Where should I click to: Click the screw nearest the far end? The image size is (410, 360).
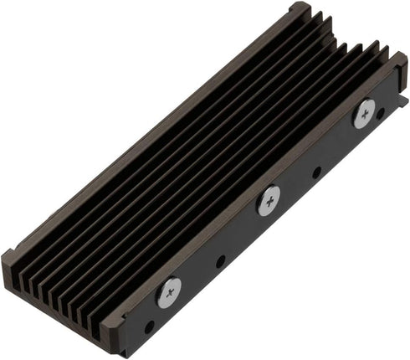[364, 113]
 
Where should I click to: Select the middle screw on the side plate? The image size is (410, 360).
[268, 200]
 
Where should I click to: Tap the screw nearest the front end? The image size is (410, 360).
[169, 291]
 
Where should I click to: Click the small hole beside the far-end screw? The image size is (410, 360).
[381, 111]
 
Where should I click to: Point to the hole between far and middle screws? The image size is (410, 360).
[316, 173]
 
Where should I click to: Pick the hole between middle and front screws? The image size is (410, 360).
[220, 261]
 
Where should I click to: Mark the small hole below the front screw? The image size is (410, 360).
[150, 327]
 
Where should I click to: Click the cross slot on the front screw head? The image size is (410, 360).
[169, 291]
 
